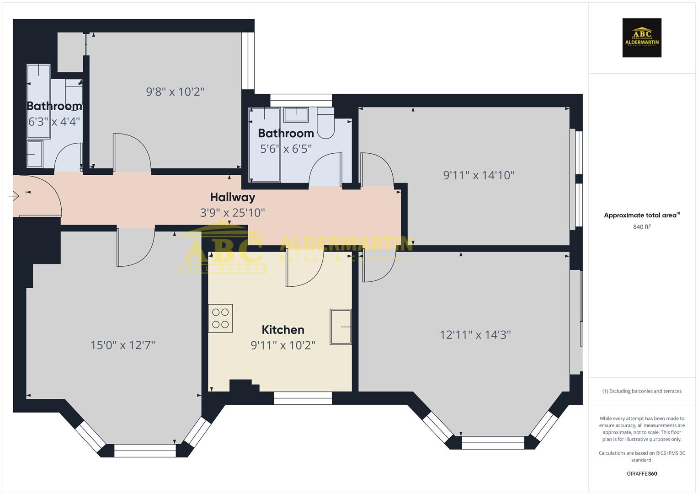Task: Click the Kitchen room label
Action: click(282, 330)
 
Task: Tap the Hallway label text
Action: click(232, 197)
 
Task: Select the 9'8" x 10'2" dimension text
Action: click(175, 92)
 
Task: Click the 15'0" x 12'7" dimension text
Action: click(123, 345)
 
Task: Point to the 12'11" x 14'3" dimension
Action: click(475, 335)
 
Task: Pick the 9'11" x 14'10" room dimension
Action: click(479, 175)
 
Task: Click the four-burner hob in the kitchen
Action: click(220, 318)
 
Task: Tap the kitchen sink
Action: click(341, 327)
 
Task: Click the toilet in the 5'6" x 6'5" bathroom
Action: click(325, 124)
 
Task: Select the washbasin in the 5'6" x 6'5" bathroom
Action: click(296, 114)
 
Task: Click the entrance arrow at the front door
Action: click(14, 196)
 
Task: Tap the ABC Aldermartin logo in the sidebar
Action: click(642, 38)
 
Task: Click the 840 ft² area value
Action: click(642, 227)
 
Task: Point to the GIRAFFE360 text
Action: click(642, 473)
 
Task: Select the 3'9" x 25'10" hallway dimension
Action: click(232, 213)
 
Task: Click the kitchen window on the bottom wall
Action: click(303, 398)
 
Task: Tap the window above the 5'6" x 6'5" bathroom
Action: click(301, 100)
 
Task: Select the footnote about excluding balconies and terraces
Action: click(642, 391)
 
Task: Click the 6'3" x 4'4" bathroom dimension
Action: click(54, 122)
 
